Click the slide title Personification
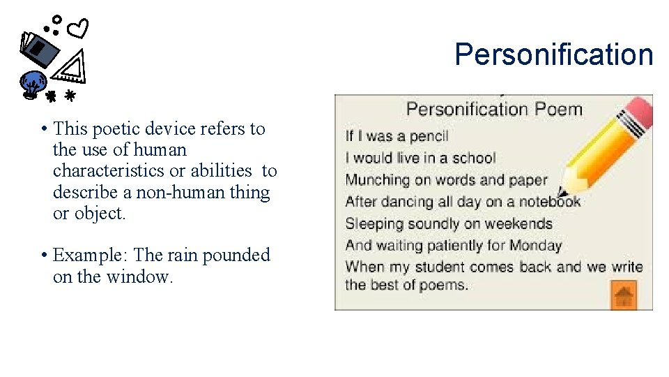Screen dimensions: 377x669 pyautogui.click(x=554, y=54)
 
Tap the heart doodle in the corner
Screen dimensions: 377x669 pyautogui.click(x=80, y=29)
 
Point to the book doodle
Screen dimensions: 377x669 pyautogui.click(x=40, y=49)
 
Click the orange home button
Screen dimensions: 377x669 pyautogui.click(x=624, y=295)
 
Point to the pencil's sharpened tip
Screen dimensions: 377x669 pyautogui.click(x=563, y=191)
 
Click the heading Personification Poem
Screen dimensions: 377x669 pyautogui.click(x=493, y=109)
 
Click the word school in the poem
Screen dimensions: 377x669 pyautogui.click(x=470, y=158)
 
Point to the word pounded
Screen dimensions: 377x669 pyautogui.click(x=235, y=256)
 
